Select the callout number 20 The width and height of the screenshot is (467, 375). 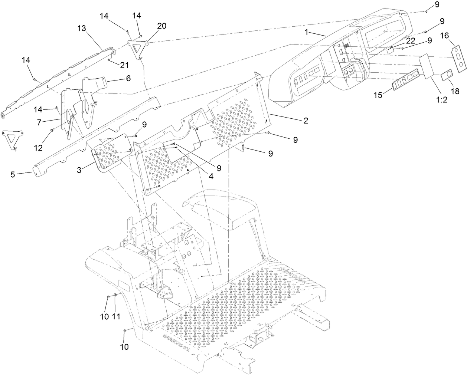coord(161,26)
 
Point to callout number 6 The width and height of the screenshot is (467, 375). coord(128,78)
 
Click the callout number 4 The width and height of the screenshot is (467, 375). coord(211,177)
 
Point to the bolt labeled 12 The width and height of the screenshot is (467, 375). coord(52,130)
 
